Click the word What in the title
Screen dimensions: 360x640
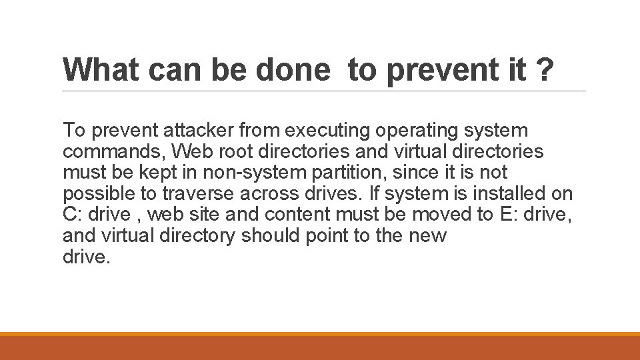(x=106, y=70)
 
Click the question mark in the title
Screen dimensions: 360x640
(x=544, y=70)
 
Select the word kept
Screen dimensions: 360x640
(x=155, y=173)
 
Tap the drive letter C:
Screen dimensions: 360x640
(x=71, y=215)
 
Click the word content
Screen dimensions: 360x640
(x=297, y=215)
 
